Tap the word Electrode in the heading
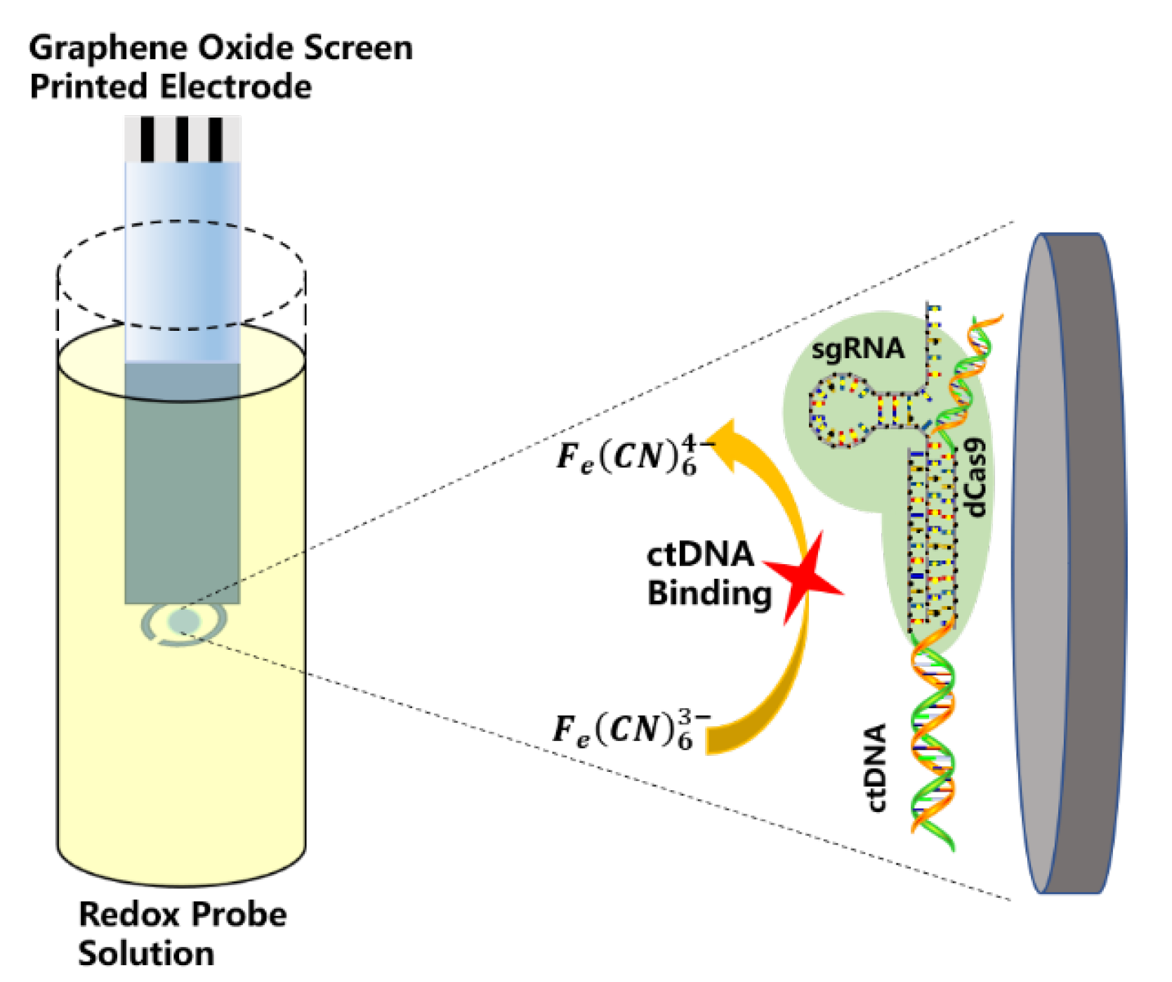(235, 88)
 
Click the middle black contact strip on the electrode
(183, 139)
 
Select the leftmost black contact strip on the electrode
(147, 139)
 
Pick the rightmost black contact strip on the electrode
(216, 139)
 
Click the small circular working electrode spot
(184, 622)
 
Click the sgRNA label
(857, 349)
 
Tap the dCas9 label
(976, 478)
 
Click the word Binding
(709, 594)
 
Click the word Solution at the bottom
(146, 954)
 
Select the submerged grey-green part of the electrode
(183, 485)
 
